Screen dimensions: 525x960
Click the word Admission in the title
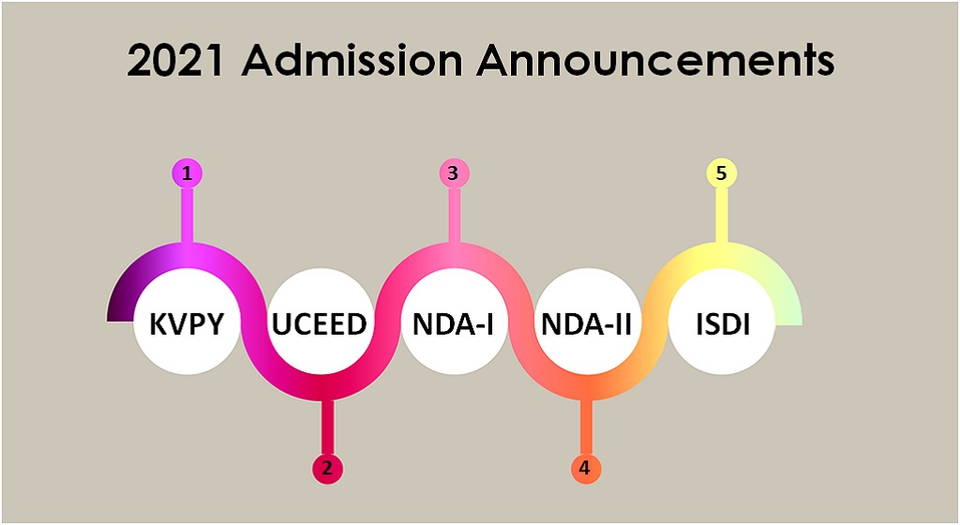(x=352, y=62)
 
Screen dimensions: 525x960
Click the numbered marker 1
(x=187, y=172)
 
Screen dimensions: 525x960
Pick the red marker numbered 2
(x=326, y=468)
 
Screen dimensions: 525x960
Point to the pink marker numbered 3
(x=454, y=172)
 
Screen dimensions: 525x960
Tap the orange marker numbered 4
(x=585, y=468)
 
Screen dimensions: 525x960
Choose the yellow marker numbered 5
(x=720, y=172)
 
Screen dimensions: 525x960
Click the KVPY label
(x=187, y=325)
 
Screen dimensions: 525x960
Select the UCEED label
(x=319, y=325)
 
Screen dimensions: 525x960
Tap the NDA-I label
(x=454, y=325)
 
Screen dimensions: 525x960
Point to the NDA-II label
(x=586, y=325)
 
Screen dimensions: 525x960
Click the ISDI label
(x=720, y=325)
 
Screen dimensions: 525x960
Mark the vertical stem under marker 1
(x=187, y=216)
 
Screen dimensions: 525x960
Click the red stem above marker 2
(x=326, y=427)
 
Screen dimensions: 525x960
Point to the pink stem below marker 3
(x=454, y=216)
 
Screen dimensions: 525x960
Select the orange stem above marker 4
(x=585, y=427)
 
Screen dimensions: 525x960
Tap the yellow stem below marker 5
(x=720, y=216)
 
